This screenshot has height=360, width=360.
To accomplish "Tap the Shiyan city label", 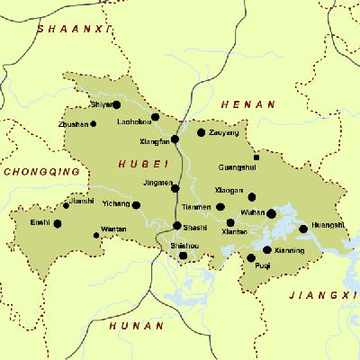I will (101, 104).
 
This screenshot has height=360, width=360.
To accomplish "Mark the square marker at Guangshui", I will (256, 157).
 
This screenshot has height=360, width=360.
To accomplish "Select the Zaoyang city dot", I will (202, 132).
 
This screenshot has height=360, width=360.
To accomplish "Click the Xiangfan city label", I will (155, 141).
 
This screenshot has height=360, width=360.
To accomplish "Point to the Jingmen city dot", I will (175, 189).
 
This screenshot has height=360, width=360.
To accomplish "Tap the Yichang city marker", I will (137, 205).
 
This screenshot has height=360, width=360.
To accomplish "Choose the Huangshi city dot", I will (303, 229).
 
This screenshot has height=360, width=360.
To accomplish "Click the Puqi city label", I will (263, 266).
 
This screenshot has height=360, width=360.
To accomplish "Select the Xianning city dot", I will (267, 250).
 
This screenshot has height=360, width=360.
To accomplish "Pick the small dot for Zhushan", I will (94, 124).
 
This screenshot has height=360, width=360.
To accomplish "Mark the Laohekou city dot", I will (155, 117).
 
